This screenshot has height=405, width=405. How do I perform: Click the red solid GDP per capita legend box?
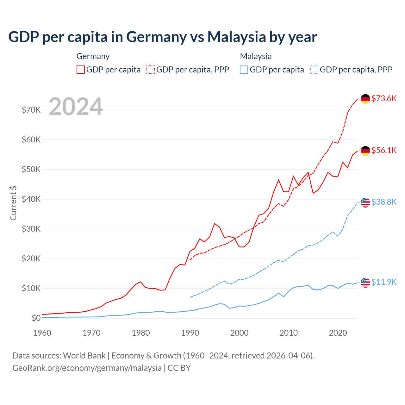[x=81, y=70]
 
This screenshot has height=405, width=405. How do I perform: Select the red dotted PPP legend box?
[x=151, y=70]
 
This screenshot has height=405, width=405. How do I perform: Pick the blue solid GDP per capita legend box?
[x=244, y=70]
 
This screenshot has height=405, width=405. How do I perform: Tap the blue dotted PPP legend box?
[x=314, y=70]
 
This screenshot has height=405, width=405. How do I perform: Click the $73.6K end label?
[x=384, y=98]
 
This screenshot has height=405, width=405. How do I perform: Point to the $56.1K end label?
[x=384, y=150]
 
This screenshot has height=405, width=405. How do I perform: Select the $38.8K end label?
[x=384, y=202]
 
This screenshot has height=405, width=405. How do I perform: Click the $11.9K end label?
[x=384, y=282]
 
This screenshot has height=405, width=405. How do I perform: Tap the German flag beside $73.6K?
[x=365, y=99]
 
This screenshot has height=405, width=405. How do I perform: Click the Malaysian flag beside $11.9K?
[x=365, y=282]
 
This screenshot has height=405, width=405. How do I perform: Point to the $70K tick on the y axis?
[x=31, y=110]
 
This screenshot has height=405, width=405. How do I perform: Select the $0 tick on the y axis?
[x=36, y=318]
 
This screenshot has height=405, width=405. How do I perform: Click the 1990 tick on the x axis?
[x=190, y=333]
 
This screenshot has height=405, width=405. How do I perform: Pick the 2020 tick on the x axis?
[x=338, y=333]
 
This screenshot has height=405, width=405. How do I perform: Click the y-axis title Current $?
[x=13, y=203]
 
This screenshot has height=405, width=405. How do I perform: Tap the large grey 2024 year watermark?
[x=76, y=107]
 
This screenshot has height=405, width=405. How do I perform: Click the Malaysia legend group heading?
[x=256, y=56]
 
